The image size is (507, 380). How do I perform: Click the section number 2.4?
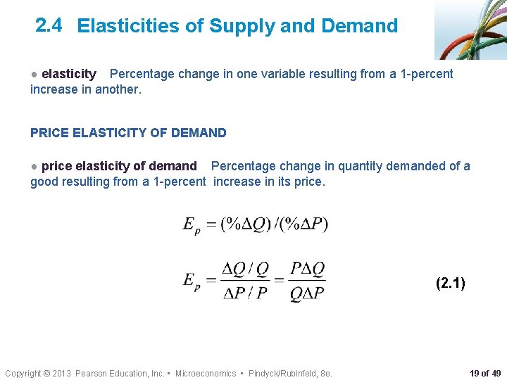coord(48,25)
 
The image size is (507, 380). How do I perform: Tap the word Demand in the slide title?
coord(359,27)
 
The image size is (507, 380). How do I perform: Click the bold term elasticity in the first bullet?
coord(68,74)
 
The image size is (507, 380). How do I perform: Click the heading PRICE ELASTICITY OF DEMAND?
coord(128,132)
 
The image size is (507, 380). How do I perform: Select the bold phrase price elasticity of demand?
coord(119,166)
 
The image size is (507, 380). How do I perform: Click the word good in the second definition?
coord(44,182)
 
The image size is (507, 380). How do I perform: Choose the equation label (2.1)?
coord(451,284)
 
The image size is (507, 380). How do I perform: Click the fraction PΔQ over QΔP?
coord(308,282)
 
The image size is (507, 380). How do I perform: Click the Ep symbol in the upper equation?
coord(191,225)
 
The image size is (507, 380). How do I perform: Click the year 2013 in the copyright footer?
coord(61,373)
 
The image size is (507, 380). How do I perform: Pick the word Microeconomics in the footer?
coord(206,373)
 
